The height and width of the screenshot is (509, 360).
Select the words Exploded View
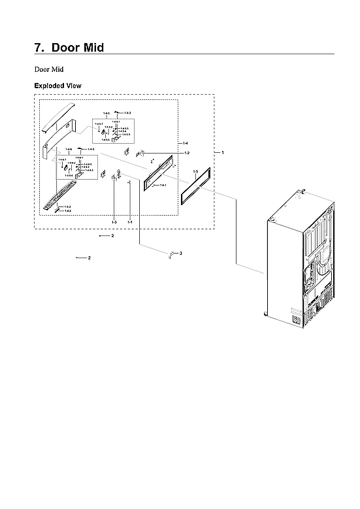(57, 86)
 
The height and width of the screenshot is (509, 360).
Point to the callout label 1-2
(187, 153)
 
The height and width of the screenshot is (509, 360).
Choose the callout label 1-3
(114, 223)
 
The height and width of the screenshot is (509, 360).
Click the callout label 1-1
(130, 223)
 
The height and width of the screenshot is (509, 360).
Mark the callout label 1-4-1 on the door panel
(163, 185)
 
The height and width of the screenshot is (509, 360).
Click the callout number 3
(180, 253)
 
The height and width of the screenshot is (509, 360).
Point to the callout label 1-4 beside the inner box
(186, 143)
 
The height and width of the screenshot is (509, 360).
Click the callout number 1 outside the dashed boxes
(222, 152)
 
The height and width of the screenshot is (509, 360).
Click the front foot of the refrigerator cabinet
(265, 314)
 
